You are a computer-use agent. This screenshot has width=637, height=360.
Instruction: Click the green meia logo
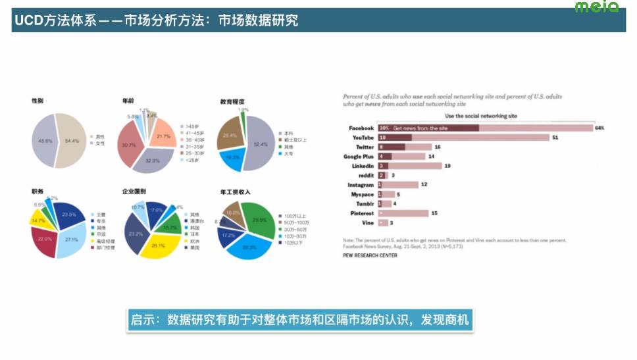tap(596, 7)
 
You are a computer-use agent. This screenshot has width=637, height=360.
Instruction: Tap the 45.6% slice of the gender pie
tap(44, 141)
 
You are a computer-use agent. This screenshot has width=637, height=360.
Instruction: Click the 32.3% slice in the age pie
tap(153, 159)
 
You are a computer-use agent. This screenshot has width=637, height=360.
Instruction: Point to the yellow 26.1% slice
tap(158, 245)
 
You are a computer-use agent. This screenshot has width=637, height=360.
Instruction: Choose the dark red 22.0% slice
tap(45, 239)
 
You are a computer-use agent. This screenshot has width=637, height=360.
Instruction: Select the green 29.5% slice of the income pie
tap(259, 219)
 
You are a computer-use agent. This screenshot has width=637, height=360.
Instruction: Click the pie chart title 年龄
tap(128, 101)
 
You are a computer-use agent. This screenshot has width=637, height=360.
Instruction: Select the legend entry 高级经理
tap(105, 242)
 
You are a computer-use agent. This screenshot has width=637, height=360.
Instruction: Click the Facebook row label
tap(361, 128)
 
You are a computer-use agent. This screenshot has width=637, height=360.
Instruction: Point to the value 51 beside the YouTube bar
tap(555, 138)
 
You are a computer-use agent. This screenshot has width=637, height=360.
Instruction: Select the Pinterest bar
tap(402, 213)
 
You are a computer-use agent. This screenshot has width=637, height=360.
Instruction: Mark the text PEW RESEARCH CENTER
tap(370, 255)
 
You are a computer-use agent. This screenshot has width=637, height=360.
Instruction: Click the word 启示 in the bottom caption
tap(142, 320)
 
